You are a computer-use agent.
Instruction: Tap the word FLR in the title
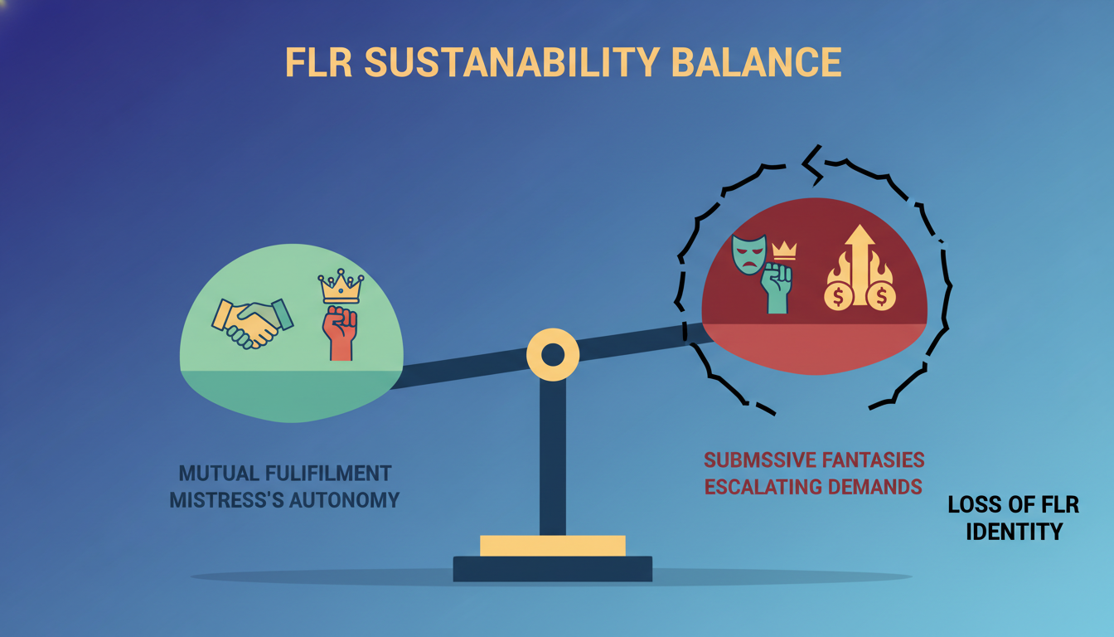318,63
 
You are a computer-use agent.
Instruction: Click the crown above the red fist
341,287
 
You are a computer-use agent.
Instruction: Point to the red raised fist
340,332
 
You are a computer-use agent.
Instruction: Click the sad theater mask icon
748,254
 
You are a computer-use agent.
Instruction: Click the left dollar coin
839,296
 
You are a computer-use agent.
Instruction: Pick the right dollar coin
882,296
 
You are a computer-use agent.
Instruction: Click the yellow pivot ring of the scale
552,355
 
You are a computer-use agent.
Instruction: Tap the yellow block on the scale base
552,545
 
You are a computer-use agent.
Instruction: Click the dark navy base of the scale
552,568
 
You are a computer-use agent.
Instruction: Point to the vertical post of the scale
552,456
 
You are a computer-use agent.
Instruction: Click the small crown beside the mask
783,250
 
